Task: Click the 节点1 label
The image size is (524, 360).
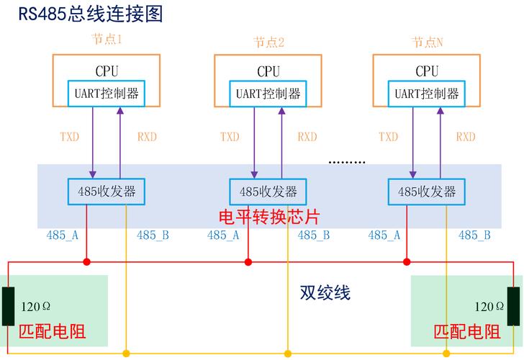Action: click(x=106, y=41)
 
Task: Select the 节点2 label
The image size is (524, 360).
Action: click(x=268, y=42)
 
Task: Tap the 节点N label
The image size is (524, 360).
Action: click(x=428, y=42)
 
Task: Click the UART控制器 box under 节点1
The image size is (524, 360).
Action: click(x=107, y=93)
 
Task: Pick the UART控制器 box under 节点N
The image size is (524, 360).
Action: click(x=427, y=93)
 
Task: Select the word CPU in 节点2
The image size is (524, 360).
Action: click(x=268, y=71)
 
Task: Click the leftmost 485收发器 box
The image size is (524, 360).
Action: click(x=107, y=191)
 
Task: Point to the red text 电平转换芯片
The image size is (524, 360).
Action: click(x=268, y=217)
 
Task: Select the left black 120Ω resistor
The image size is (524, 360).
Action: click(x=9, y=306)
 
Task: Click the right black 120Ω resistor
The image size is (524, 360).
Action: click(x=513, y=306)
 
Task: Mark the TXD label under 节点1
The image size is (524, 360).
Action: click(x=69, y=137)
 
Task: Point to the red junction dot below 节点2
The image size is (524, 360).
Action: click(x=248, y=261)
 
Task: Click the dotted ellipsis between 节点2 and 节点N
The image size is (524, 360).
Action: click(x=347, y=163)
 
